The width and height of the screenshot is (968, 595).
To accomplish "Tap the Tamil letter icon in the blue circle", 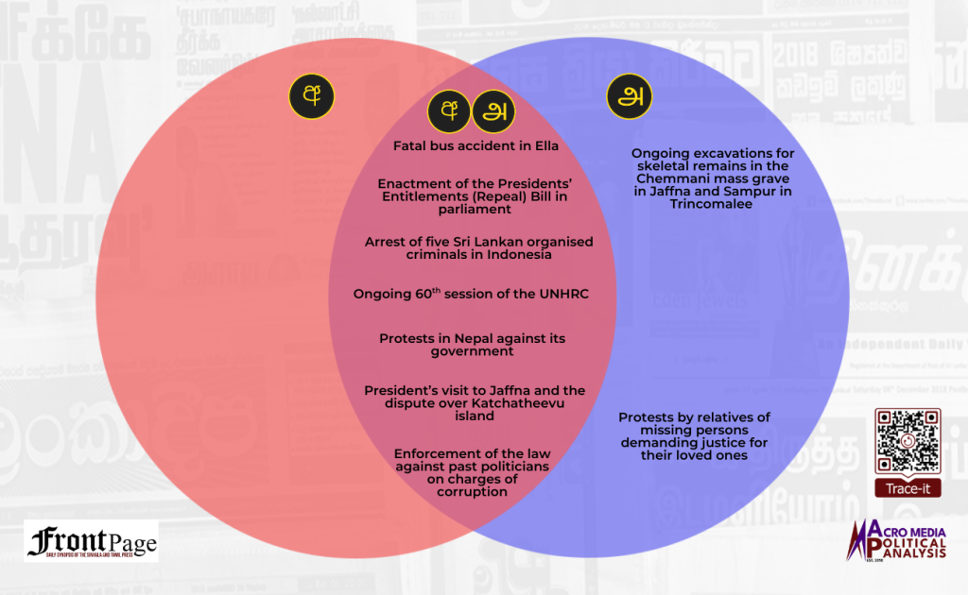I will point(629,96).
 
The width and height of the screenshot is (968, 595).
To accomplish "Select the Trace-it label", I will point(907,488).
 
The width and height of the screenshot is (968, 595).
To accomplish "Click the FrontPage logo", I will point(92,542).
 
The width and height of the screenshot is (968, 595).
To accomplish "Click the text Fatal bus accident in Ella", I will point(475,146).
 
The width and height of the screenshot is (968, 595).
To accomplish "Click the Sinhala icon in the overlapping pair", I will point(448,111).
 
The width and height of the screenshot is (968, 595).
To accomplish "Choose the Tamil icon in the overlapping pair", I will point(492,111).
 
